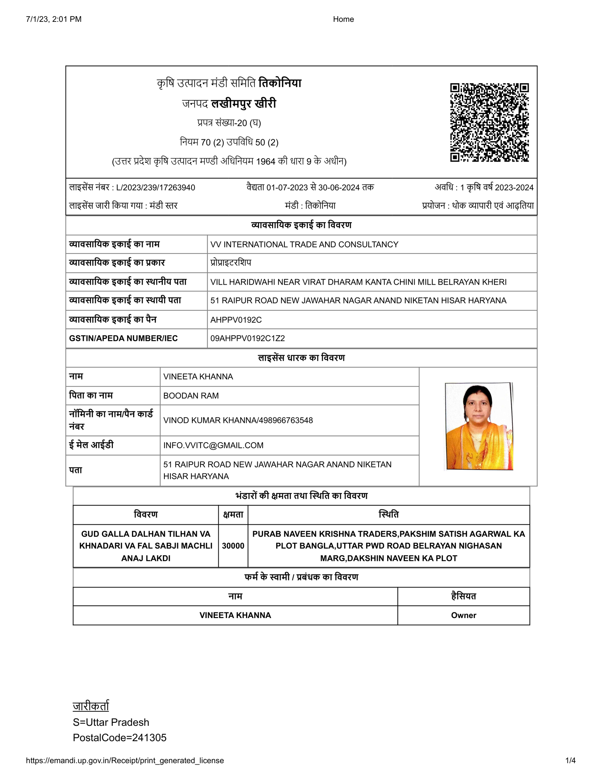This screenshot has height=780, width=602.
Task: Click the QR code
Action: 489,122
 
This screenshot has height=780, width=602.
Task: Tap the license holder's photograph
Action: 479,426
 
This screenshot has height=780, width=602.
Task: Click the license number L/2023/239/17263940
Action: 155,188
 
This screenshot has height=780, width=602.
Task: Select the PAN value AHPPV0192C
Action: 236,320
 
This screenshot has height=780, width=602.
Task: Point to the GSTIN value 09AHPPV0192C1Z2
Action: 248,338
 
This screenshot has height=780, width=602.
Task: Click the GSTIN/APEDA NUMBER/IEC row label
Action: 123,338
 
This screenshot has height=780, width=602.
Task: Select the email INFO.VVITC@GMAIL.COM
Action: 213,445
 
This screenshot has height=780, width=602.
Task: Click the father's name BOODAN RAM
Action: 191,395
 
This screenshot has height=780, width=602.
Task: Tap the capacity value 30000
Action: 233,546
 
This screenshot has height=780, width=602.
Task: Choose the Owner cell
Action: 464,615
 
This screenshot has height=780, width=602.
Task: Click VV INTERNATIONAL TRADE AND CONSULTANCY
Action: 304,244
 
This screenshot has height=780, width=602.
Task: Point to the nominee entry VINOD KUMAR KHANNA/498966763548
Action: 238,420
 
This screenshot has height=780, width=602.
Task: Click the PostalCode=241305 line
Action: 120,737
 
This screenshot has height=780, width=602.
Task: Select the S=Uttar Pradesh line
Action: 111,722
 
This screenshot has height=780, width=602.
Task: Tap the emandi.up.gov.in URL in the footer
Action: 125,760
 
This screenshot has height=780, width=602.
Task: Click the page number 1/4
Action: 570,760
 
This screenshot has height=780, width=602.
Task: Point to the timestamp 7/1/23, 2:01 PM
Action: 54,19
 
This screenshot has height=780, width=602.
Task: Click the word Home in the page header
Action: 343,19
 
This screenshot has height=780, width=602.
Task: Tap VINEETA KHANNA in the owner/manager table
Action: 235,615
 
